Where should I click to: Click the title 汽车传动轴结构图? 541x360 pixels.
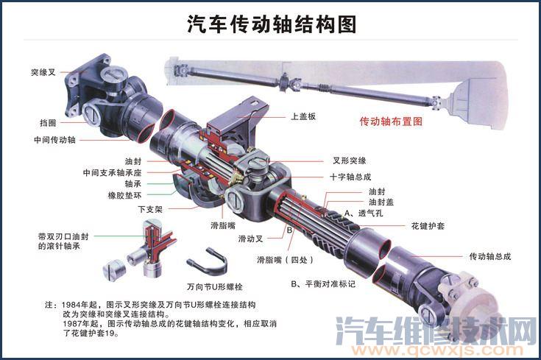[x=272, y=25]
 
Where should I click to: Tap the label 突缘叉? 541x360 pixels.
[x=43, y=73]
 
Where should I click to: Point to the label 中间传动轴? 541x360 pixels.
[x=54, y=139]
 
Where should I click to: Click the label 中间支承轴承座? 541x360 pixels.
[x=112, y=172]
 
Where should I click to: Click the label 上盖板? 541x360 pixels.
[x=303, y=116]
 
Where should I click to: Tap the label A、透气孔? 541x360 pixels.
[x=370, y=213]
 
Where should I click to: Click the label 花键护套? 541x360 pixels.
[x=427, y=225]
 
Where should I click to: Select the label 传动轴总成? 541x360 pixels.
[x=489, y=256]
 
